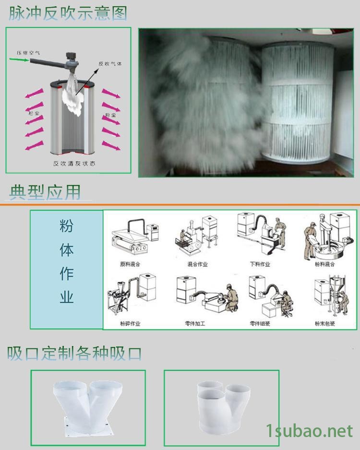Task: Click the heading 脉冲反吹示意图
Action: click(68, 13)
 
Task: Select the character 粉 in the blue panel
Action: click(66, 226)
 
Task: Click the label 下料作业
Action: click(260, 264)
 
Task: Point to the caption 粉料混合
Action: click(325, 264)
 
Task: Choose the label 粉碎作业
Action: click(130, 323)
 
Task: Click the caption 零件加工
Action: click(195, 323)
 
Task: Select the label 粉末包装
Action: click(325, 323)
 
